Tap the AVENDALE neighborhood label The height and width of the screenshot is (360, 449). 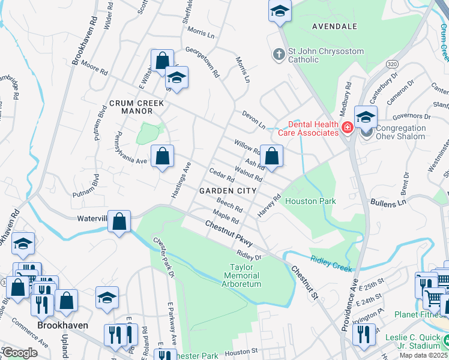334,26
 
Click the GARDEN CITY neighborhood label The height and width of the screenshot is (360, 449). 228,190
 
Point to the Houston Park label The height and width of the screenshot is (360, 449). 310,201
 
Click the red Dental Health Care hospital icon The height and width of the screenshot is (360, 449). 347,128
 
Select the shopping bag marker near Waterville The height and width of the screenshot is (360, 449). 120,221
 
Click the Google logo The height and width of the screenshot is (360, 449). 20,353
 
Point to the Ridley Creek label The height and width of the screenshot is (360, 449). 330,262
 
